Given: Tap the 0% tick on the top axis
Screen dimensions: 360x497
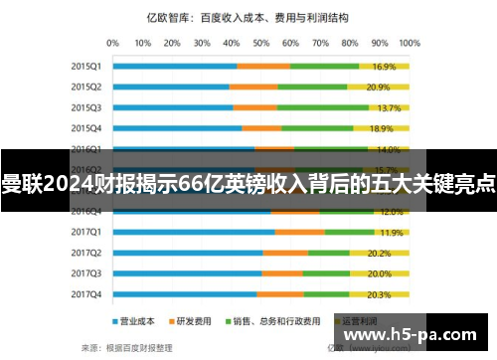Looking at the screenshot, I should (x=112, y=44).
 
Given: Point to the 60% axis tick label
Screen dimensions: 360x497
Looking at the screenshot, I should (x=305, y=44).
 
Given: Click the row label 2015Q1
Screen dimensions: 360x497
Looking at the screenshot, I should (x=85, y=66).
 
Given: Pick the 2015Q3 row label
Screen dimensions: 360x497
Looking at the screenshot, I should (x=85, y=107).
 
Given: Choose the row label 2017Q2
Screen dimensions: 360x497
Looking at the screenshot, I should (x=85, y=253).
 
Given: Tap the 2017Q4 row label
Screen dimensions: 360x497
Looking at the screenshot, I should (x=85, y=294).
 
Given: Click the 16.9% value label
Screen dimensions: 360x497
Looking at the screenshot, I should (x=385, y=67).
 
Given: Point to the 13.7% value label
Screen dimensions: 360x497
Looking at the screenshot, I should (x=389, y=107).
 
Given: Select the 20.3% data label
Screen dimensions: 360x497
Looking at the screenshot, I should (x=379, y=295).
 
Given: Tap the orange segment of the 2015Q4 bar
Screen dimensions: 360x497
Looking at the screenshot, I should (x=261, y=128).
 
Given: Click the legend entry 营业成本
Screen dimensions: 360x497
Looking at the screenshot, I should (x=135, y=321).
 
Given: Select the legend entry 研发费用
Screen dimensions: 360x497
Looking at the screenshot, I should (x=193, y=321).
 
